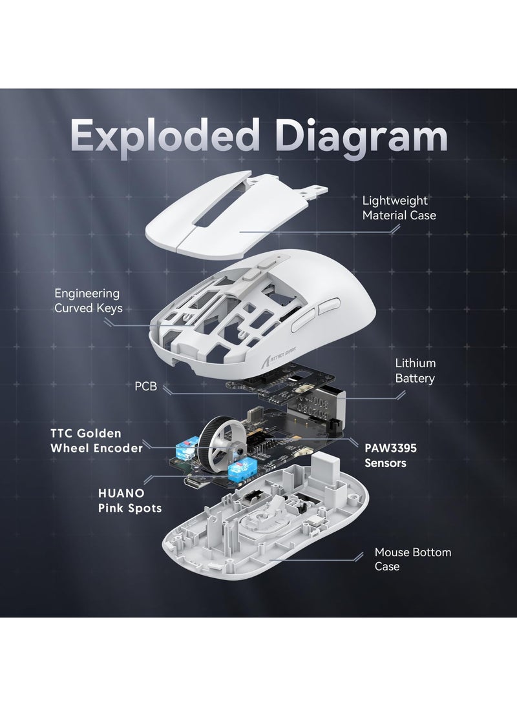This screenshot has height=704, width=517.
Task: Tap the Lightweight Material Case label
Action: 399,208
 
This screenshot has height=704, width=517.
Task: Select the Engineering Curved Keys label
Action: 88,300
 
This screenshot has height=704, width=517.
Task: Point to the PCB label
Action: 145,387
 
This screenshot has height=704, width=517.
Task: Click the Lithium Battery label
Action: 415,371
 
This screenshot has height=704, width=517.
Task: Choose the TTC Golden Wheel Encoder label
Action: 96,441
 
